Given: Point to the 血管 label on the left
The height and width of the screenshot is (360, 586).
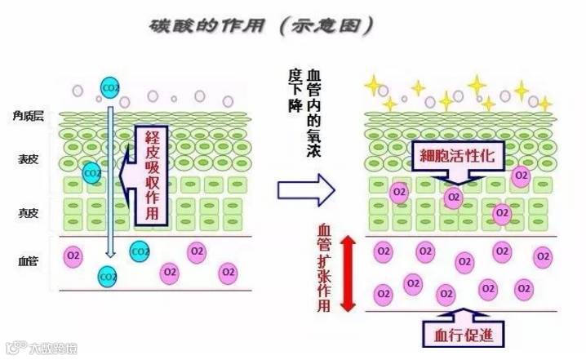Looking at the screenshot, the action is click(27, 261).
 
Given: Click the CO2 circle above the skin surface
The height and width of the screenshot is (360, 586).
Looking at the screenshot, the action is click(109, 87).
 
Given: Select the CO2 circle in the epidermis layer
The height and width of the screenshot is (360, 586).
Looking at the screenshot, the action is click(92, 173).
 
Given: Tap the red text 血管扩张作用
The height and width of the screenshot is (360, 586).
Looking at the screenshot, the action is click(324, 270).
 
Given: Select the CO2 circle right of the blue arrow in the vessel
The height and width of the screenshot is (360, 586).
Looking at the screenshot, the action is click(140, 251).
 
